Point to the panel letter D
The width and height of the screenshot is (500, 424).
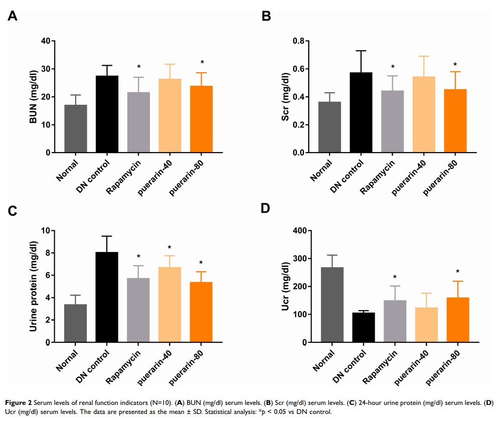(266, 208)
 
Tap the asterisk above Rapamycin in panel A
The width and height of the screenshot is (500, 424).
(138, 67)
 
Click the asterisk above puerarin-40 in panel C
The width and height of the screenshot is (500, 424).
(170, 247)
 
